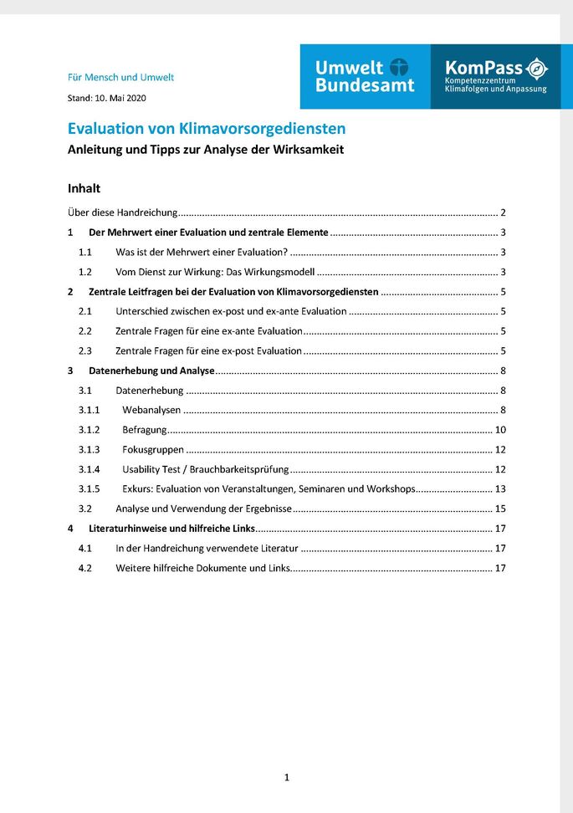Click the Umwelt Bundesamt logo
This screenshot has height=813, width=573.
coord(364,76)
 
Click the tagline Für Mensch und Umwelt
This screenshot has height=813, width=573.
coord(120,77)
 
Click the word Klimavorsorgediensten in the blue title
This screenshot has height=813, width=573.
coord(262,130)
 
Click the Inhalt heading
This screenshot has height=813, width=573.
coord(84,188)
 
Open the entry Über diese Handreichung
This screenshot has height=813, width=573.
coord(121,212)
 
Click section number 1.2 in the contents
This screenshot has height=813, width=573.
coord(84,272)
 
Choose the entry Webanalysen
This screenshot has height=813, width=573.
coord(151,410)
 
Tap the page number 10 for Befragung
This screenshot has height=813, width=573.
coord(500,430)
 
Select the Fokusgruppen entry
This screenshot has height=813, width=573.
coord(153,449)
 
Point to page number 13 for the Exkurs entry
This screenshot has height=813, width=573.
coord(500,488)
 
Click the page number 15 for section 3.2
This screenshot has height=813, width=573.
coord(500,509)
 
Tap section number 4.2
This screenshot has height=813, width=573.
coord(84,568)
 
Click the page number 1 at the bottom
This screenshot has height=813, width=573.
coord(286,778)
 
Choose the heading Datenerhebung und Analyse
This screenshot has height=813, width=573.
coord(151,371)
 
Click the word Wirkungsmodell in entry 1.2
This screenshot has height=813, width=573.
coord(279,272)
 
